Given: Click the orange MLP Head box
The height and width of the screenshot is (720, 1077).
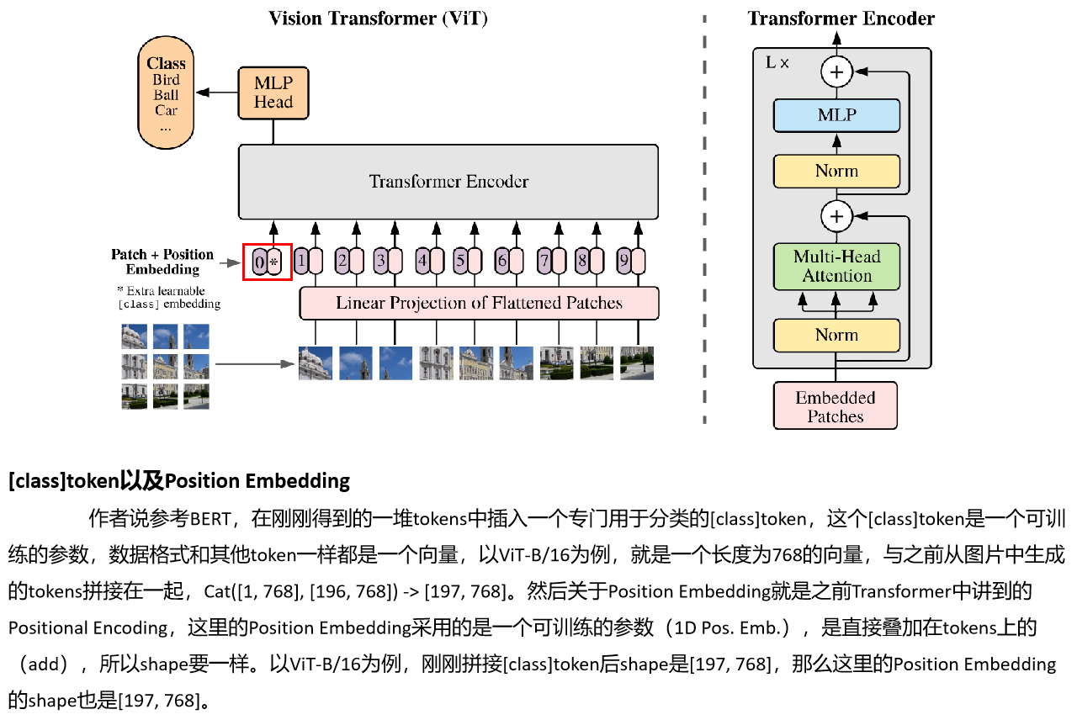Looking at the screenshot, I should point(273,93).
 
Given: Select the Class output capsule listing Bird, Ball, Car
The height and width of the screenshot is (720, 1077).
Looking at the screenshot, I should point(166,93).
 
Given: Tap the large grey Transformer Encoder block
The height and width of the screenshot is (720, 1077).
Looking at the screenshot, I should point(448,182).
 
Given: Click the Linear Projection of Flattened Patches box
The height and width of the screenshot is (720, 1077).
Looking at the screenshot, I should point(479,303).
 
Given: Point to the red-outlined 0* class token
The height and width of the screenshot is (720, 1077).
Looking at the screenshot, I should point(268,262).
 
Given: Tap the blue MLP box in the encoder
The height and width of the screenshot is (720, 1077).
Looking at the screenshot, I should point(836,115).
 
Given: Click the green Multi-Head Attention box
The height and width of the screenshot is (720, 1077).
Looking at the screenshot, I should point(836,267).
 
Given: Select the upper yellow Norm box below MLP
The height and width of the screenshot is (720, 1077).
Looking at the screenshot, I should point(836,171).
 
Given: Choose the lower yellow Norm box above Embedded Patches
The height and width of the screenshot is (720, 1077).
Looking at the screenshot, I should point(836,335).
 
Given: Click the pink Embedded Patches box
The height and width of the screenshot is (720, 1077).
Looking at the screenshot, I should point(836,406).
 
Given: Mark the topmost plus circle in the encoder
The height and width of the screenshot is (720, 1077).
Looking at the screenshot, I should point(836,72).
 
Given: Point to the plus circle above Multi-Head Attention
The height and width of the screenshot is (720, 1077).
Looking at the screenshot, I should point(836,216).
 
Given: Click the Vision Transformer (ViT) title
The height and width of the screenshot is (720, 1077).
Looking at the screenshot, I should point(378,19).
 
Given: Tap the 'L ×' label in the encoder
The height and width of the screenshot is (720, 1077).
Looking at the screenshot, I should point(777,63).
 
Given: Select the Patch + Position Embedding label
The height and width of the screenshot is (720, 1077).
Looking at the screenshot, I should point(162,262).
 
